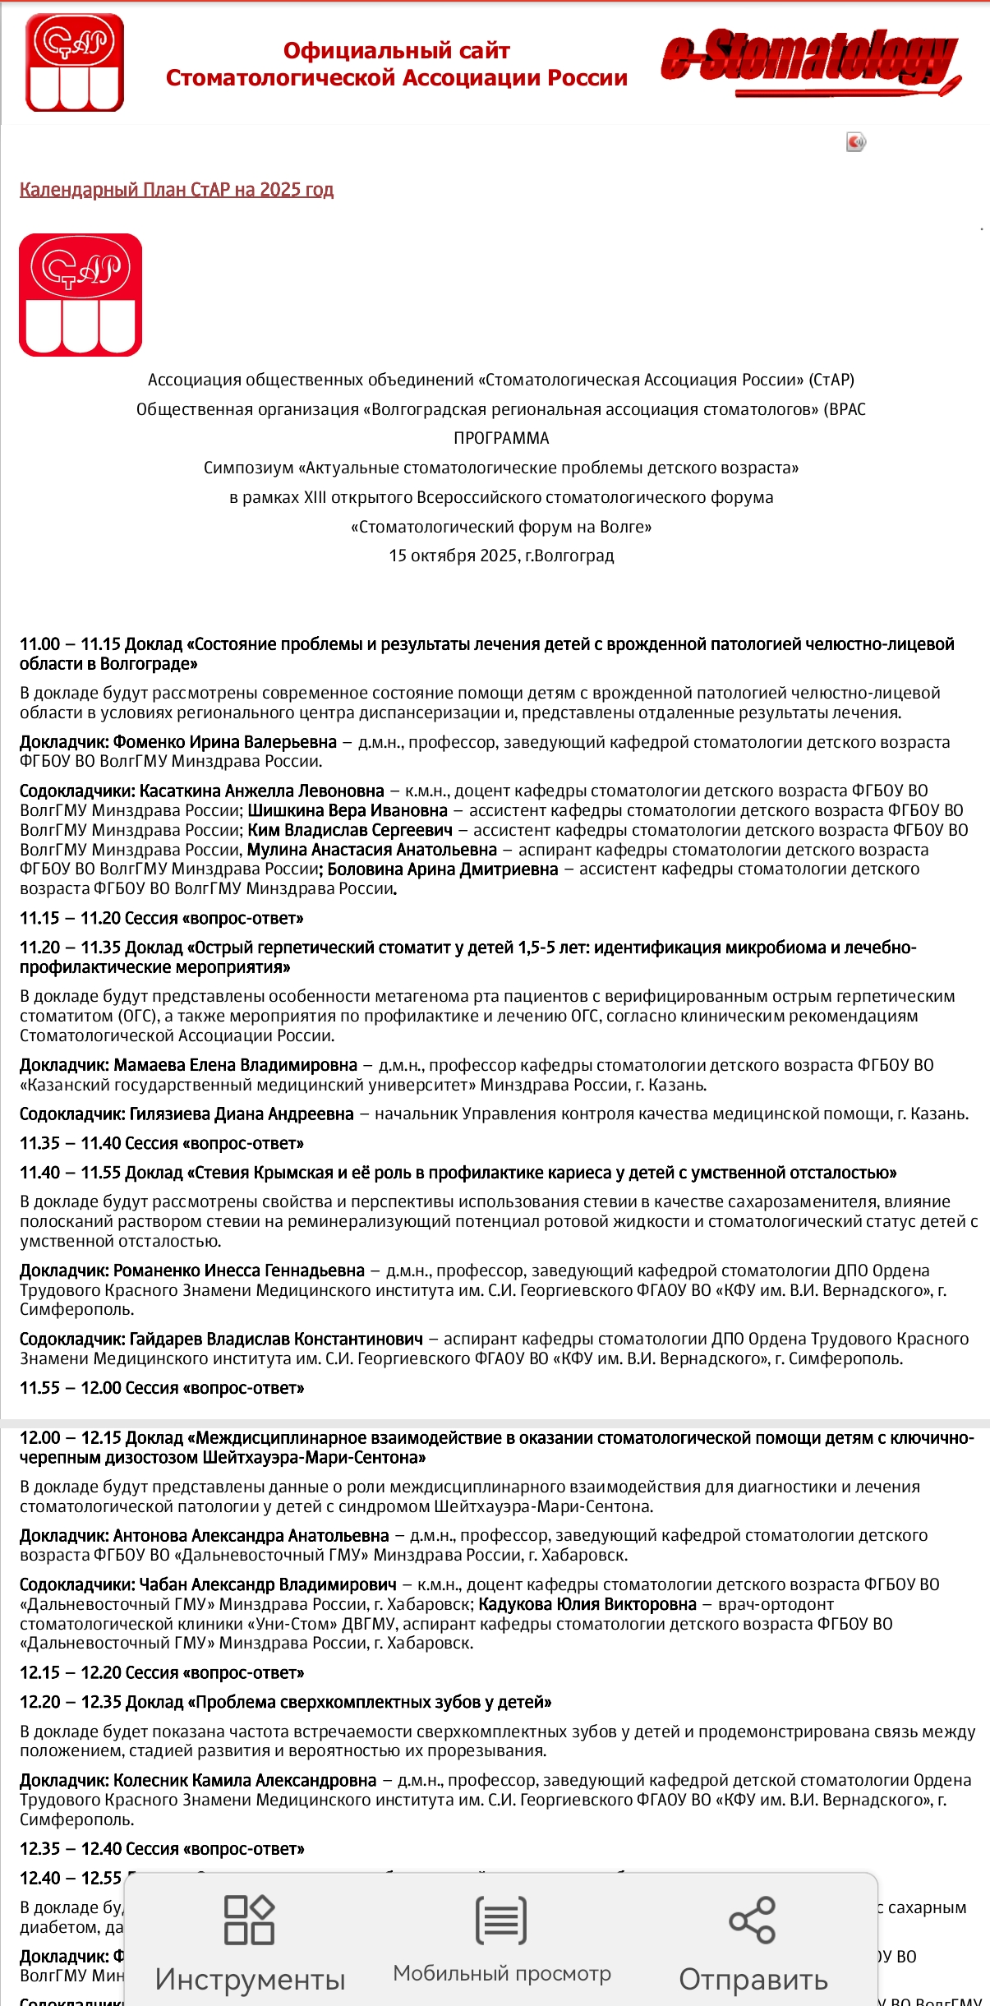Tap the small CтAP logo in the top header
pyautogui.click(x=75, y=62)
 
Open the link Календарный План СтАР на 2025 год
pyautogui.click(x=177, y=190)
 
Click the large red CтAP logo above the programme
pyautogui.click(x=81, y=295)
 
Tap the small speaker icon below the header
pyautogui.click(x=856, y=142)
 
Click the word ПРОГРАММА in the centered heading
pyautogui.click(x=501, y=438)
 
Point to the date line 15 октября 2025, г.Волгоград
pyautogui.click(x=501, y=556)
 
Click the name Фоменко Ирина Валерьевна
pyautogui.click(x=225, y=742)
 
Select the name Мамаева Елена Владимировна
pyautogui.click(x=236, y=1065)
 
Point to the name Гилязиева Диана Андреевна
pyautogui.click(x=242, y=1114)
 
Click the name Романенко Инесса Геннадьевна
pyautogui.click(x=239, y=1270)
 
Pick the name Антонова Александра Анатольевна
pyautogui.click(x=251, y=1535)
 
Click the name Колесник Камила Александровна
pyautogui.click(x=245, y=1780)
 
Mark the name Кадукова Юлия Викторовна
pyautogui.click(x=587, y=1604)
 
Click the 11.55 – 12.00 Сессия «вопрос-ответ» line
pyautogui.click(x=162, y=1388)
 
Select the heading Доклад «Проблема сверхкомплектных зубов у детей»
pyautogui.click(x=338, y=1702)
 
